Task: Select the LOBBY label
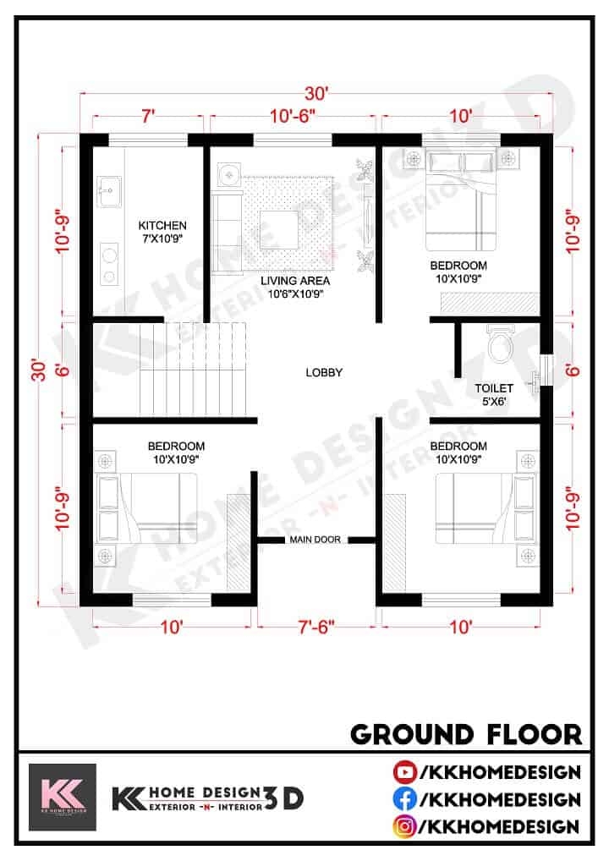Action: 324,372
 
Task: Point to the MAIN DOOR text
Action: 315,540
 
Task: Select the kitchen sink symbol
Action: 107,191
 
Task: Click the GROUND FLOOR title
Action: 466,733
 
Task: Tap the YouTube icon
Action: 403,771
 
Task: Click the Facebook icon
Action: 403,798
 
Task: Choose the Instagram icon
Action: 403,825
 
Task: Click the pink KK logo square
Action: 63,797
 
